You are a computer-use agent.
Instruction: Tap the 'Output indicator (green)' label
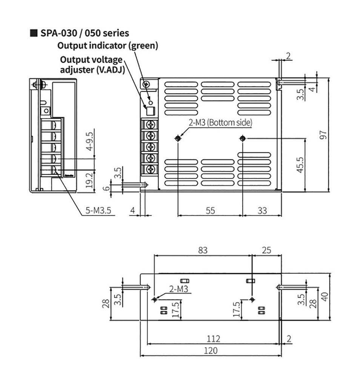click(108, 46)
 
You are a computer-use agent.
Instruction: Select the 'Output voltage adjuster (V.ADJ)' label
click(92, 64)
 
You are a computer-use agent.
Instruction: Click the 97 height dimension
click(323, 135)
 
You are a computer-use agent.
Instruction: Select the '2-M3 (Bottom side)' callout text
click(220, 122)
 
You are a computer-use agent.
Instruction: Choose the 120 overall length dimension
click(211, 350)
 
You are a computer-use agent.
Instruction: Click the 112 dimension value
click(213, 338)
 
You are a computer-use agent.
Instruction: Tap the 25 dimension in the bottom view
click(266, 250)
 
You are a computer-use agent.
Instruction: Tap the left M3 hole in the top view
click(178, 139)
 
